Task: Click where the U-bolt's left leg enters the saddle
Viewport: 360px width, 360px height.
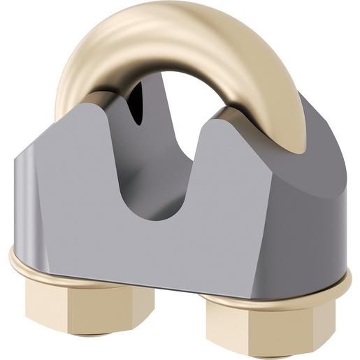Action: tap(87, 98)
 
